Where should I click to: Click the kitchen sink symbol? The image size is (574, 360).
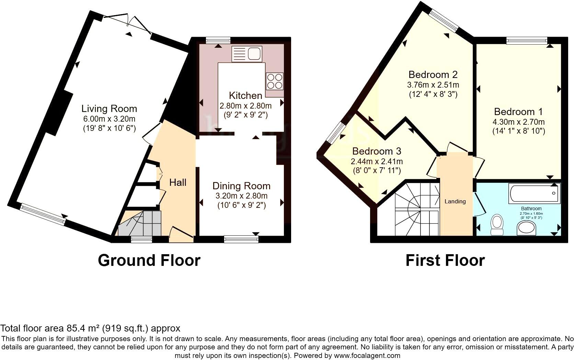[247, 54]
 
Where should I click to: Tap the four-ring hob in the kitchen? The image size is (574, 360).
[275, 81]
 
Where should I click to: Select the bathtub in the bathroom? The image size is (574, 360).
[535, 193]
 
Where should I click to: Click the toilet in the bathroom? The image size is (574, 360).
[496, 225]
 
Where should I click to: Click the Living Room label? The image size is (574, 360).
[109, 109]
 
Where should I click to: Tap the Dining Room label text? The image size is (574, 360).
[241, 186]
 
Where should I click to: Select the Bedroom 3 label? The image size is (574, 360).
[377, 151]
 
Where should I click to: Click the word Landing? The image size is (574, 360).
[455, 201]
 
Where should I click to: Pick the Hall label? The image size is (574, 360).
[178, 182]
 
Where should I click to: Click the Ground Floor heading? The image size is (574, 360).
[149, 260]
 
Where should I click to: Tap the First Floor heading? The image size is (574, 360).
[445, 260]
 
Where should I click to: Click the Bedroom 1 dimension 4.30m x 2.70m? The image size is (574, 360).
[518, 122]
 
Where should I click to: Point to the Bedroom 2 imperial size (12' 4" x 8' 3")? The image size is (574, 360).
[433, 94]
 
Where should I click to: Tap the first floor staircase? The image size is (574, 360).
[416, 210]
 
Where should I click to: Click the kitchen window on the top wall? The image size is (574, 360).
[218, 41]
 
